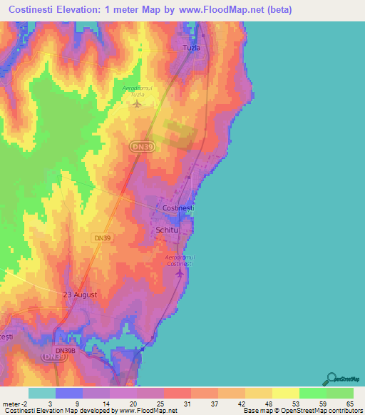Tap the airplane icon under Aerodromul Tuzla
[x=137, y=104]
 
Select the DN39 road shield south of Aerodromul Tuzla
[x=140, y=146]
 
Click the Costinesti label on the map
[x=178, y=207]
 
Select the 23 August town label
[x=79, y=294]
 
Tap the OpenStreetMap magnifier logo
[x=331, y=379]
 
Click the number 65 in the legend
[x=349, y=402]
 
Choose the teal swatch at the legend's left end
[x=41, y=393]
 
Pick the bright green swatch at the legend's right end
[x=340, y=393]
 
